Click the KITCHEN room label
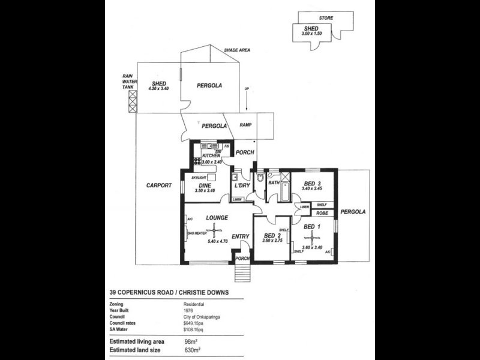tap(211, 155)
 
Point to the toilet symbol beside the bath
tap(260, 179)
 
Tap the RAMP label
tap(245, 125)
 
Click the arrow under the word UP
tap(246, 102)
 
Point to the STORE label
tap(326, 19)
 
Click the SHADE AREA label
tap(236, 50)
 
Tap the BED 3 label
tap(313, 184)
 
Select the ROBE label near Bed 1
tap(322, 212)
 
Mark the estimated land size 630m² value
tap(192, 348)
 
